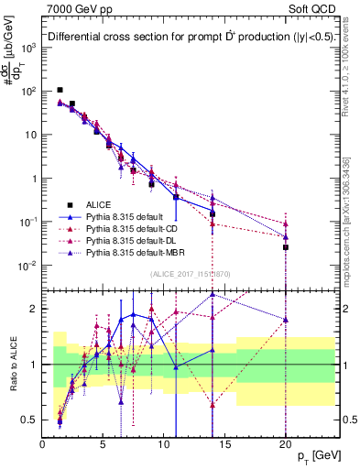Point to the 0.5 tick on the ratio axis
click(x=29, y=420)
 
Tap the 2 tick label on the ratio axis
click(x=33, y=308)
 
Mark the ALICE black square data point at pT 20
click(x=286, y=247)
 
